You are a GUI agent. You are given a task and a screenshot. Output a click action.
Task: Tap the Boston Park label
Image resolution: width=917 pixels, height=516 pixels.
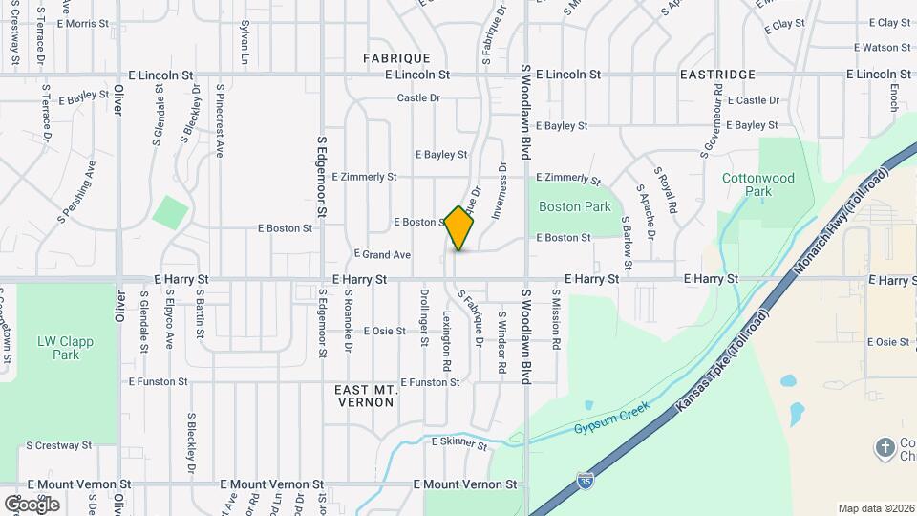click(x=574, y=206)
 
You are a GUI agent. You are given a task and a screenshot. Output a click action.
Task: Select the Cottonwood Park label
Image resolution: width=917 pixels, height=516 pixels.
click(x=758, y=184)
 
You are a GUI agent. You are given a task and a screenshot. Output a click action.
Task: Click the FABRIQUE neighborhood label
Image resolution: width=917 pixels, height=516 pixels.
click(x=396, y=58)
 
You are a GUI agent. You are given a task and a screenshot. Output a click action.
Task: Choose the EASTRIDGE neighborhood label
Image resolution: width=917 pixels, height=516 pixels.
click(x=717, y=74)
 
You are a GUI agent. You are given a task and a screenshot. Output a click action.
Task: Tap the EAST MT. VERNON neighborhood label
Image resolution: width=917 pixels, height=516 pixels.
click(x=365, y=396)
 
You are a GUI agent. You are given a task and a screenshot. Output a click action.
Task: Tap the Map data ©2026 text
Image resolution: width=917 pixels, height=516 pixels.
click(x=876, y=508)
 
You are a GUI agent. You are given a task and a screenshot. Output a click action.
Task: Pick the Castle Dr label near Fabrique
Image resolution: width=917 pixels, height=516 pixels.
click(x=418, y=98)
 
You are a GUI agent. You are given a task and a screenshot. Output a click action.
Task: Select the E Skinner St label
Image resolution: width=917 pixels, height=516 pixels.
click(x=461, y=441)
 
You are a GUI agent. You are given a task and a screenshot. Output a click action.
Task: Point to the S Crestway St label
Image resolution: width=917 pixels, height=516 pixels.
click(x=59, y=445)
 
